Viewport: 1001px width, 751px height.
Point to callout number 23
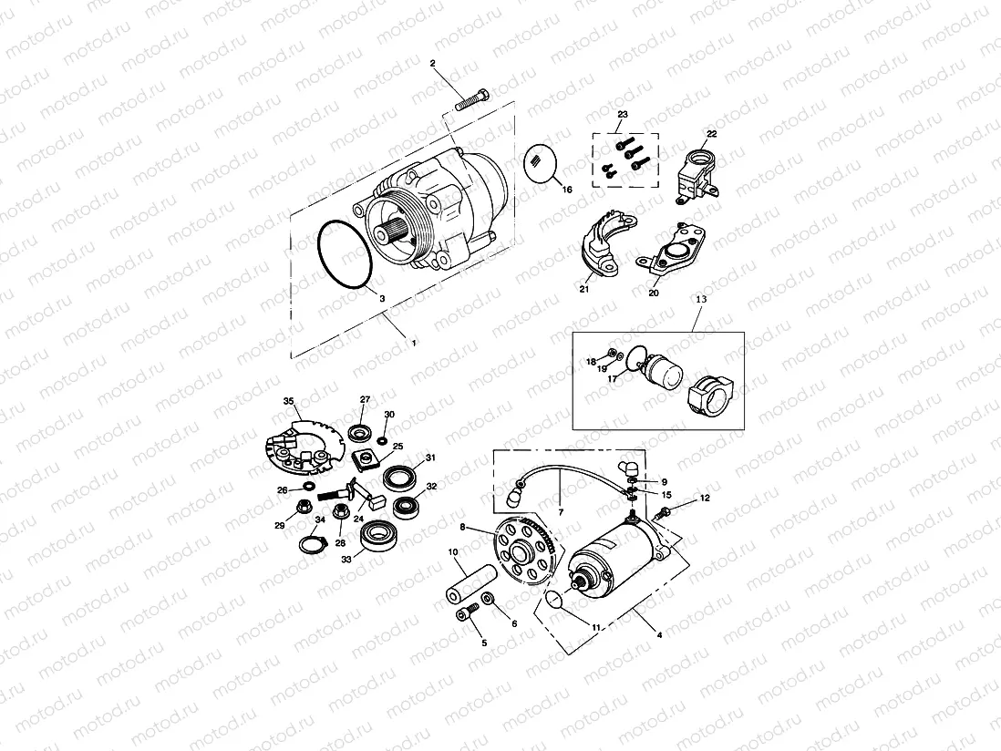click(623, 114)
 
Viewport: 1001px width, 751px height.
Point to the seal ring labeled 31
click(400, 477)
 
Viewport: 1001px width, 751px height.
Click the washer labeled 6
click(488, 599)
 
